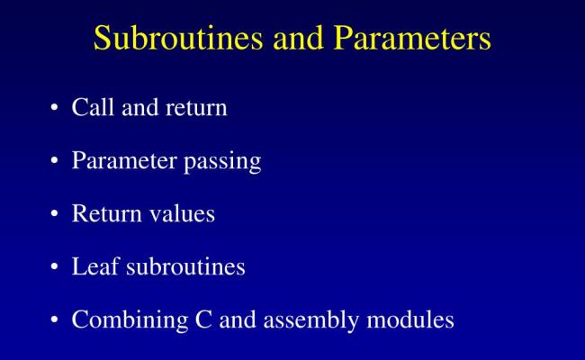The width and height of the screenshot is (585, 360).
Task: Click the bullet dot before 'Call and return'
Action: pyautogui.click(x=55, y=109)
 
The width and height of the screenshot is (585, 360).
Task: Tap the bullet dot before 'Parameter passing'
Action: pyautogui.click(x=55, y=162)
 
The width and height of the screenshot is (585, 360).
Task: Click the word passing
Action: pyautogui.click(x=223, y=163)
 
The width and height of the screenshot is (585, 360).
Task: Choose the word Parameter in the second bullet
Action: pyautogui.click(x=124, y=162)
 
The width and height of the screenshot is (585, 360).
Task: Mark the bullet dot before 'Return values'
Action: pyautogui.click(x=55, y=215)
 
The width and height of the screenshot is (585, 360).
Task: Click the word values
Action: pyautogui.click(x=183, y=215)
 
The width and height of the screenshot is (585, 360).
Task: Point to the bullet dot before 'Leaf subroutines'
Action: pyautogui.click(x=55, y=267)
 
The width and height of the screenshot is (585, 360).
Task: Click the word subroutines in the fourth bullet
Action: pyautogui.click(x=182, y=267)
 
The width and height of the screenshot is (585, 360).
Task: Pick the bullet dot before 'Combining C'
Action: pyautogui.click(x=55, y=320)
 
